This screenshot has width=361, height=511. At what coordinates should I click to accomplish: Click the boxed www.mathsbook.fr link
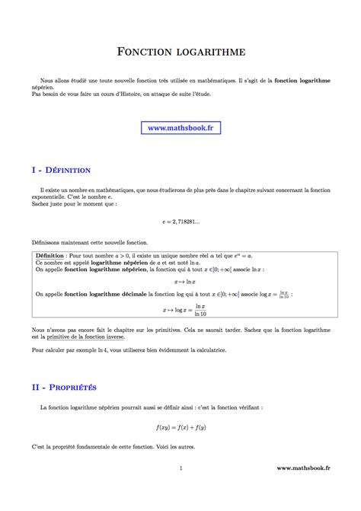tap(180, 128)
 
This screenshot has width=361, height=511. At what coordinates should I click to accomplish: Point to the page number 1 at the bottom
tap(180, 490)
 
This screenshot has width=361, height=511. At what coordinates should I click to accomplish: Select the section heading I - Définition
tap(61, 170)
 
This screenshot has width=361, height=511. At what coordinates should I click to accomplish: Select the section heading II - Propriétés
tap(64, 387)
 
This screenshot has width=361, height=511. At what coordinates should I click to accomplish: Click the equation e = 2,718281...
tap(180, 222)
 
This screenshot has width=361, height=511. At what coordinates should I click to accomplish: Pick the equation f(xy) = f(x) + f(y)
tap(180, 427)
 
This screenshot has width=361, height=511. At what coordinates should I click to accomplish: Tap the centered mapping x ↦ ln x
tap(180, 281)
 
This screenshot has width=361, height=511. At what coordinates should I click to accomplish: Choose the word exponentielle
tap(53, 196)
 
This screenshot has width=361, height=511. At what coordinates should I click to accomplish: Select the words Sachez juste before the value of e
tap(51, 203)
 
